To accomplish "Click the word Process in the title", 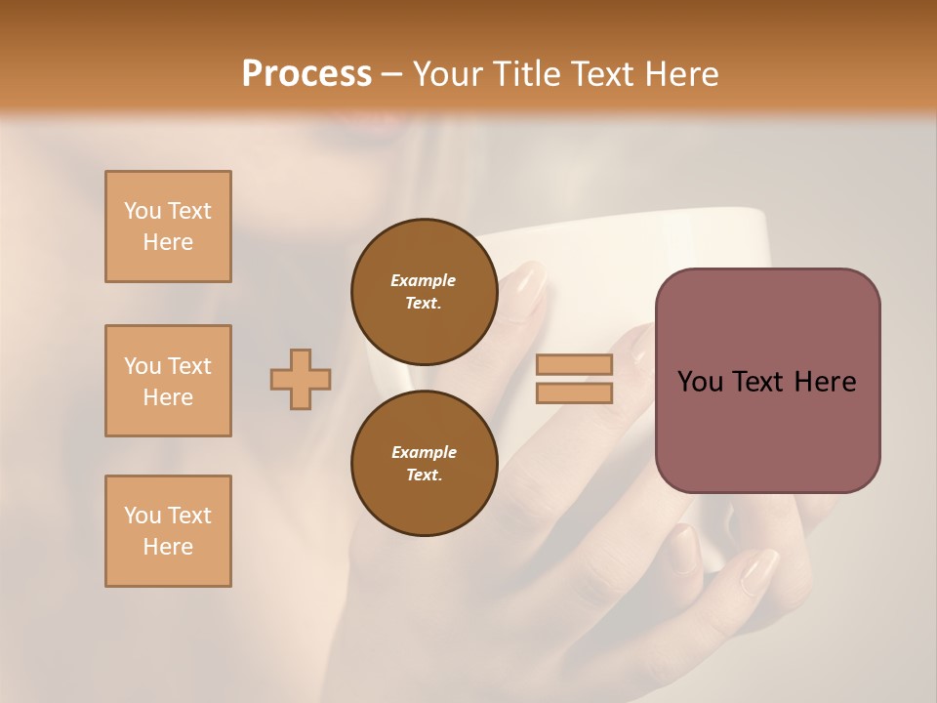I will click(x=306, y=73).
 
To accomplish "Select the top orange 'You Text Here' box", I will click(x=168, y=227).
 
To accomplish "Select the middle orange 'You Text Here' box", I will click(x=168, y=381).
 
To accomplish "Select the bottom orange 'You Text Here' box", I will click(x=168, y=531).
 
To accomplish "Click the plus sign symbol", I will click(x=301, y=379).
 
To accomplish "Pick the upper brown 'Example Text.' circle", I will click(x=425, y=291).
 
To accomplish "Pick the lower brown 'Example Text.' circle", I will click(x=425, y=463).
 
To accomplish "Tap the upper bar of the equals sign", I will click(x=575, y=364).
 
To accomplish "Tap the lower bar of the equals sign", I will click(x=575, y=393).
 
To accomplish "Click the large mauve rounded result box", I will click(x=767, y=381).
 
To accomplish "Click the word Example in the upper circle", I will click(x=424, y=280).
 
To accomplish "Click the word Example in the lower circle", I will click(x=424, y=452).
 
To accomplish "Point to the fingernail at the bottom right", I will click(x=759, y=571).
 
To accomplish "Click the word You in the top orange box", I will click(x=143, y=211).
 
